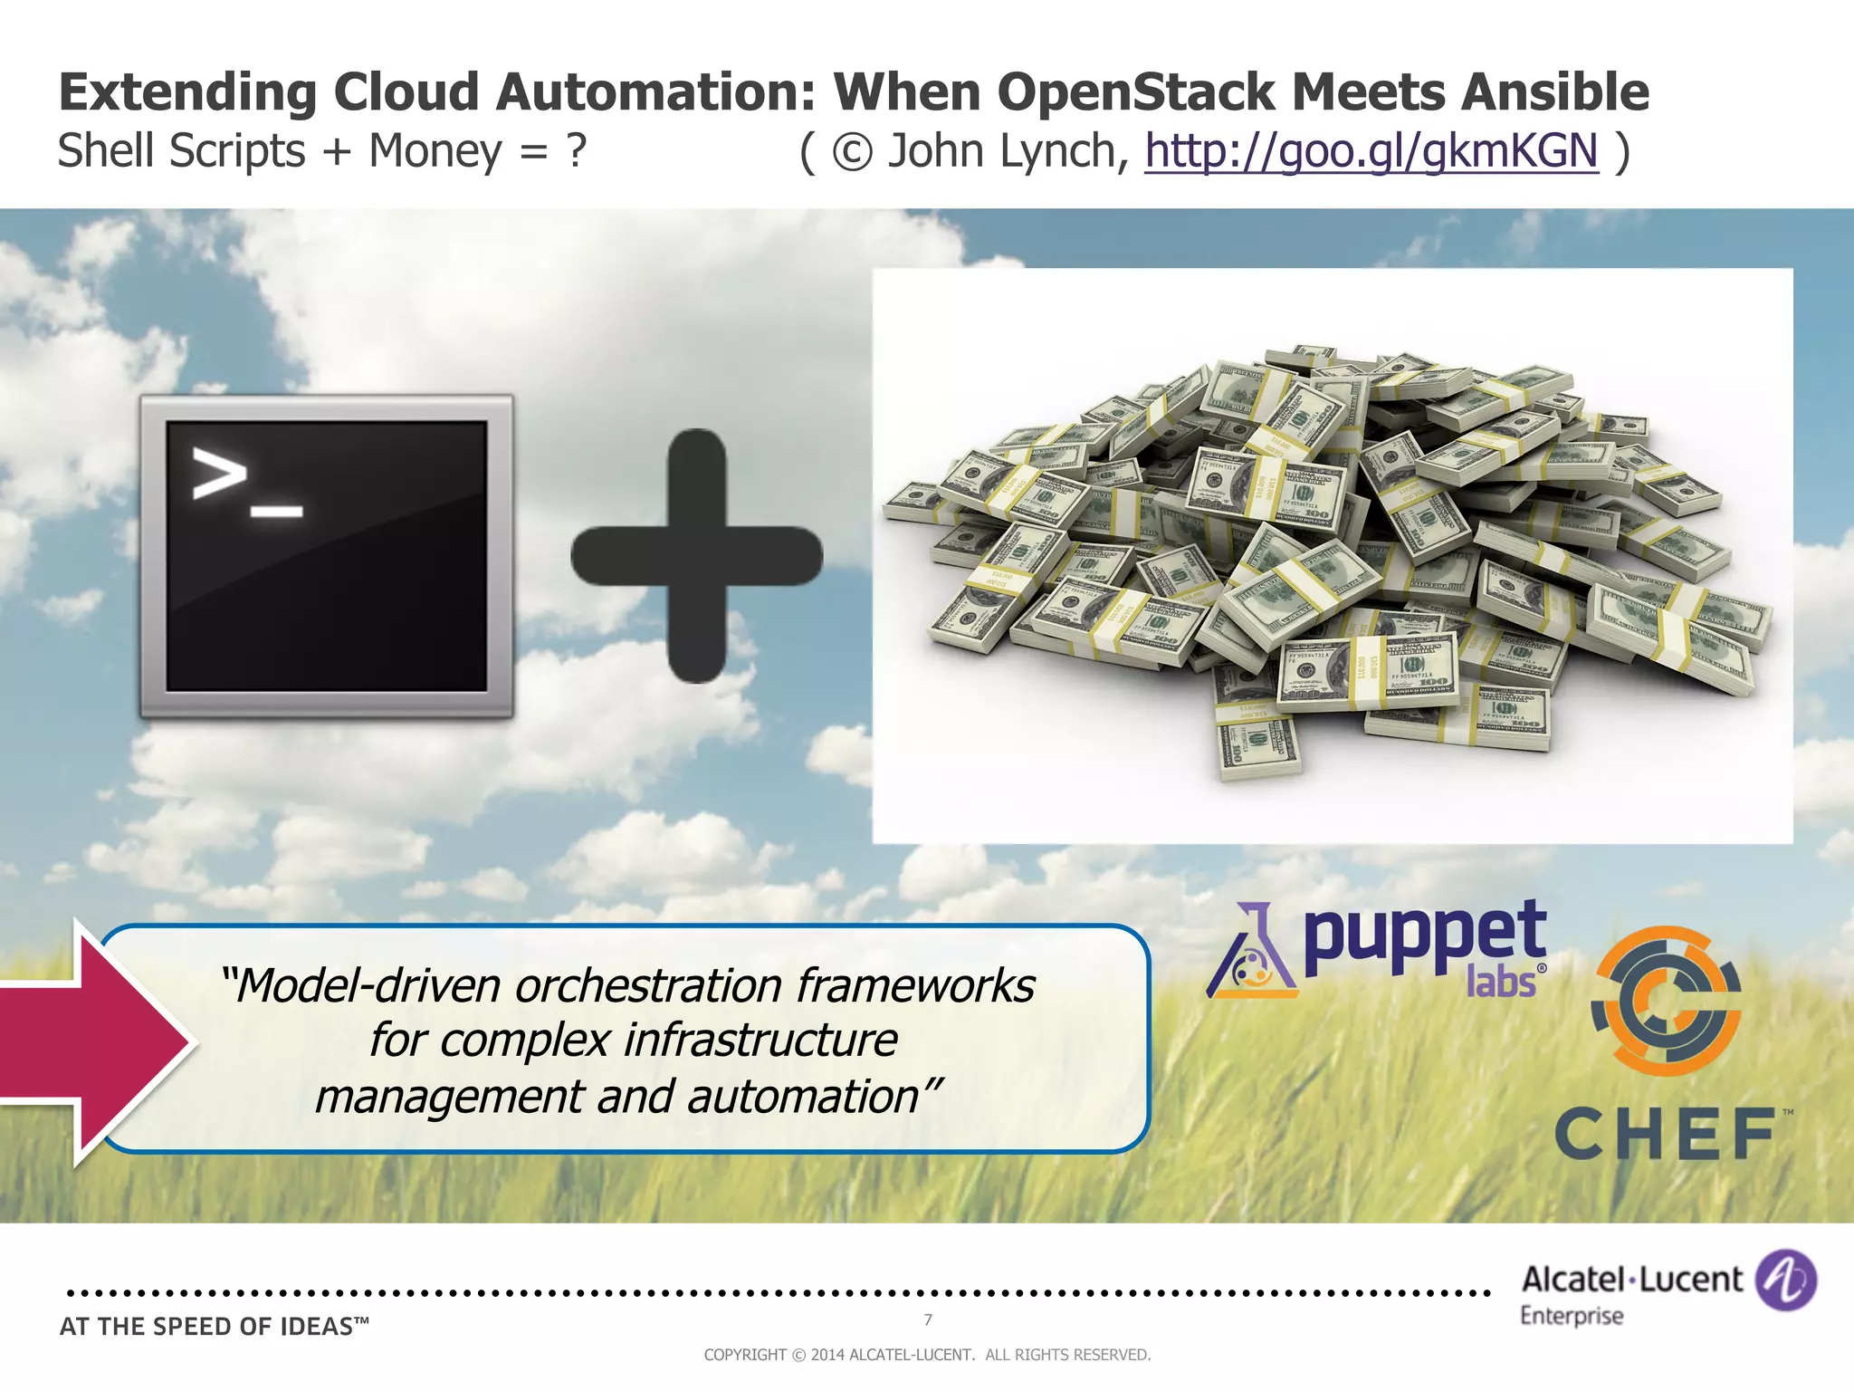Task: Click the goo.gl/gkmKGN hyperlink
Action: [1371, 150]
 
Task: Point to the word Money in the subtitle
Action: [435, 150]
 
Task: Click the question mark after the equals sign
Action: [577, 150]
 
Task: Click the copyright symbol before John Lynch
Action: [852, 152]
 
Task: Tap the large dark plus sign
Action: [696, 555]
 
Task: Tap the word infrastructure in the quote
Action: [760, 1040]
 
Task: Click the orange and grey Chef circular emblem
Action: [1666, 1000]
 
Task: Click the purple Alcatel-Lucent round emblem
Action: [1785, 1281]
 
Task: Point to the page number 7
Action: [928, 1319]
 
